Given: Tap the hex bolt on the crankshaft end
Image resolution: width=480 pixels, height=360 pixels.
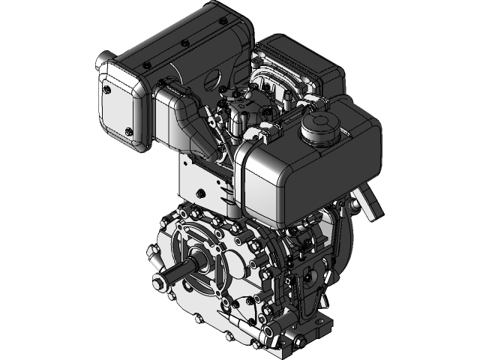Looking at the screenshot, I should tap(158, 281).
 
